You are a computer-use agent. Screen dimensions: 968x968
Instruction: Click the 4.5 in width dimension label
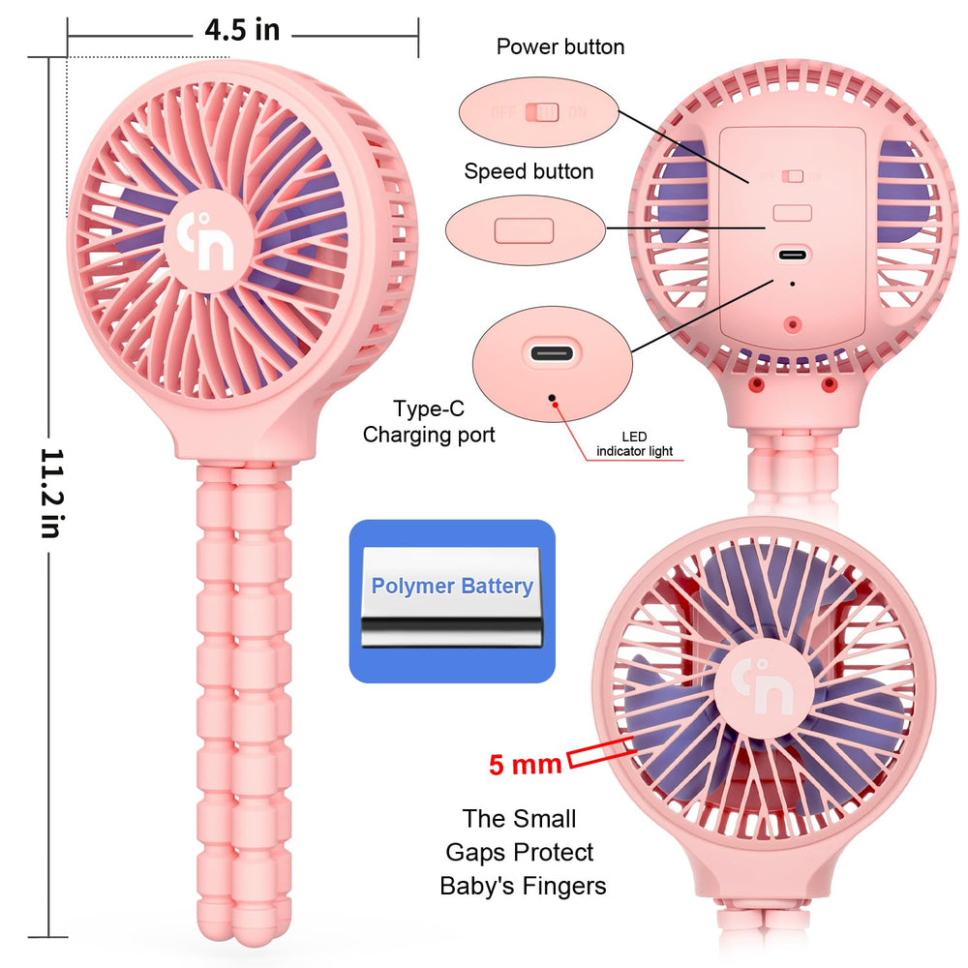point(242,30)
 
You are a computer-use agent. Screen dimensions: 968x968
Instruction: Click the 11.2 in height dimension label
point(52,494)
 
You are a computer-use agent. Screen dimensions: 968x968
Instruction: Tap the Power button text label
point(560,46)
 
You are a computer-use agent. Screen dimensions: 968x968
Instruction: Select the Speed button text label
point(529,171)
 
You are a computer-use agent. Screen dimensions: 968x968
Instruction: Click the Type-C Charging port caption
point(429,422)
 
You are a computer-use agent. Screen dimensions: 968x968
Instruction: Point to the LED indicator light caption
point(635,444)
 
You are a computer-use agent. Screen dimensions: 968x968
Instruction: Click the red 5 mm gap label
point(525,765)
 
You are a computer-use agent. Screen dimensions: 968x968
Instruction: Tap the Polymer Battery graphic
point(452,601)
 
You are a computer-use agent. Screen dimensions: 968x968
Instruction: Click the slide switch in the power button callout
point(542,112)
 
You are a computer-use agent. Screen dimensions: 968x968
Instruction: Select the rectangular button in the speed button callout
point(524,231)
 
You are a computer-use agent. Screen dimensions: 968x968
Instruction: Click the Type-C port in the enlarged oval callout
point(552,353)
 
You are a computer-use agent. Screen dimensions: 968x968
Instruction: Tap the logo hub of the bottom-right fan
point(763,687)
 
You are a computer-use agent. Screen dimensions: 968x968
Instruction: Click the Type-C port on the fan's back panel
point(792,255)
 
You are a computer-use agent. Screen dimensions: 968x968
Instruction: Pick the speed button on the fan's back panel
point(793,213)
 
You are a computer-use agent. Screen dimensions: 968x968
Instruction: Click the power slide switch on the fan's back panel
point(793,176)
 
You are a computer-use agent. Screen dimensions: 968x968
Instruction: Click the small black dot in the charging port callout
point(552,398)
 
